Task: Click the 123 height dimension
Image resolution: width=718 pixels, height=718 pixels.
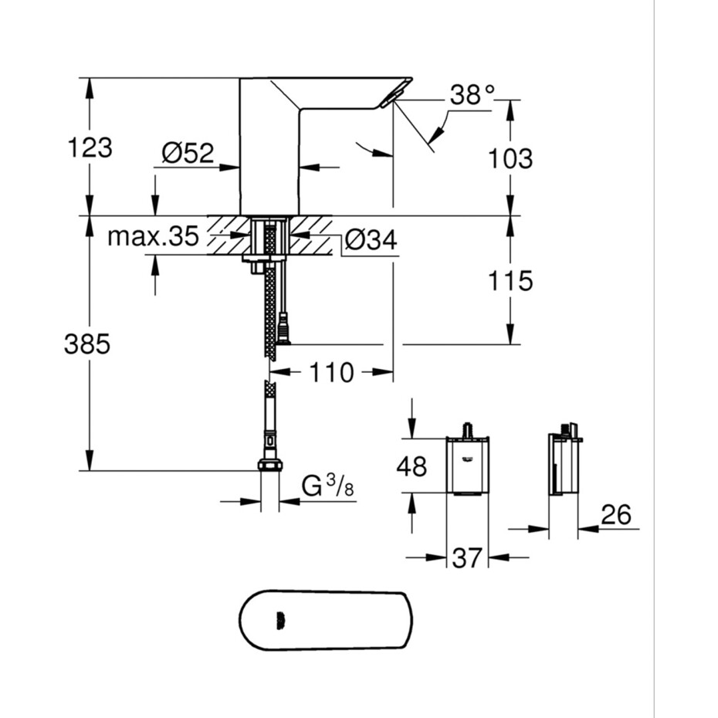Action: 90,148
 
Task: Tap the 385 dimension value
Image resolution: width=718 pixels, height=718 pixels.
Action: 87,344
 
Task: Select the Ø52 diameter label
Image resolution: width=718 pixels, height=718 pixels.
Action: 188,153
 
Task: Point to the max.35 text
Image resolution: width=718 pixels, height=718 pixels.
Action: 153,236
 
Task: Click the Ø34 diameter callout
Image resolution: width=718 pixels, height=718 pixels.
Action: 371,239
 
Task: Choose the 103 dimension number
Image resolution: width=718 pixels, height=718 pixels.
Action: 510,158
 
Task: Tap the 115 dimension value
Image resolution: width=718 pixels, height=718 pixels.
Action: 510,280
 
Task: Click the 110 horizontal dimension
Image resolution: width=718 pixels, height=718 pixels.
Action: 331,372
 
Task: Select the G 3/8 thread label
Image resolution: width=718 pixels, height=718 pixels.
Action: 328,486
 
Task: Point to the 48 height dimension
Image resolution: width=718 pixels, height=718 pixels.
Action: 411,466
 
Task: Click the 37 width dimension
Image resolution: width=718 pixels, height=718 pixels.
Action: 467,557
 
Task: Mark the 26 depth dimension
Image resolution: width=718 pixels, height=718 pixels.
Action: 616,514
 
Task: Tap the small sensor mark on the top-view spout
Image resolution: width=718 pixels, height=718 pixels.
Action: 280,620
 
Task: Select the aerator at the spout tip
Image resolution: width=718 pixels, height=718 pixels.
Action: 392,97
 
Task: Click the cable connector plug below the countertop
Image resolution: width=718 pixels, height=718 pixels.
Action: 283,327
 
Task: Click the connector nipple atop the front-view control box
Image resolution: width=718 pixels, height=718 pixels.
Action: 468,431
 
